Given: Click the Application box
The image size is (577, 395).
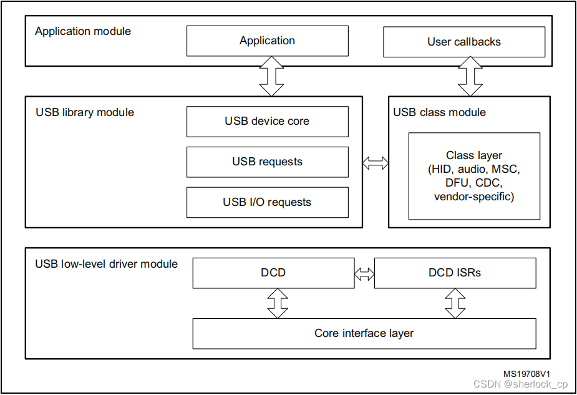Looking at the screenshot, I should point(267,41).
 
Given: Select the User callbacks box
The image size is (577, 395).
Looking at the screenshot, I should point(463,42).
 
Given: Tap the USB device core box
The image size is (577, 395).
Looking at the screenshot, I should point(267,121).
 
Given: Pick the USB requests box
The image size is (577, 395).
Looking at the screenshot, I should point(267,162).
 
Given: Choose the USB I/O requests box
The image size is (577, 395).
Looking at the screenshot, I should point(267,202).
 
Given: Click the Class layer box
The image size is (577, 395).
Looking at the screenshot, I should point(474,176).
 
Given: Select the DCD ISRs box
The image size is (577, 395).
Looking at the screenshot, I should point(455,273).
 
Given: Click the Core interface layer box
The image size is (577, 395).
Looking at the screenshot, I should point(364,333).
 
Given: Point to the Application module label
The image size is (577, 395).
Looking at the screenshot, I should point(83,31).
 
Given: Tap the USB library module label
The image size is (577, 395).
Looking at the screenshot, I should point(85,112).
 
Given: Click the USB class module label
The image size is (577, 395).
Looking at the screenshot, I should point(439,112).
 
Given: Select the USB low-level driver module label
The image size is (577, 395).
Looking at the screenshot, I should point(106,264).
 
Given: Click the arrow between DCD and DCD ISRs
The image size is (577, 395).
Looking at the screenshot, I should point(364,273).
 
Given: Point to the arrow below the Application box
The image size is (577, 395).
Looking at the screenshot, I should point(272,76).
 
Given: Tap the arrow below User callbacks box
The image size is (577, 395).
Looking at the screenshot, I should point(470,76).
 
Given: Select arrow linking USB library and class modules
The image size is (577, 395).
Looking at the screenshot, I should point(375,163).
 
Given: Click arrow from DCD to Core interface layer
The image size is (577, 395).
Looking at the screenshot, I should point(278,303).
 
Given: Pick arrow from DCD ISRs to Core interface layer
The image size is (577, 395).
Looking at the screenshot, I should point(455,303).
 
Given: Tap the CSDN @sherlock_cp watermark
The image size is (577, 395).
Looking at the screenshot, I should point(520,384).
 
